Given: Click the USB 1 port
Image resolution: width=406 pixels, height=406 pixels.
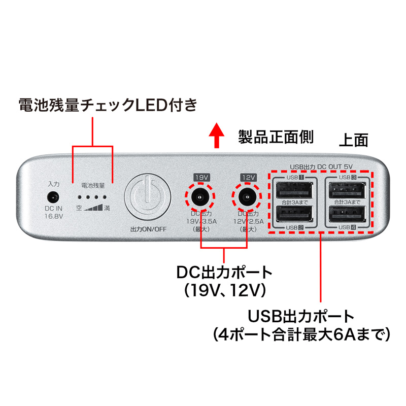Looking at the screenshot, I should coord(295,190).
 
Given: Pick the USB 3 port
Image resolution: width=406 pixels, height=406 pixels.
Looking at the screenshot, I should coord(347,190).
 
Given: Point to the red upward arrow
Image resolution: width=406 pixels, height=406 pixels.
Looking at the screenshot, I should coord(216,136).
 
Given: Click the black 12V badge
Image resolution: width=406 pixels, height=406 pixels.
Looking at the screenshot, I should coord(247,177).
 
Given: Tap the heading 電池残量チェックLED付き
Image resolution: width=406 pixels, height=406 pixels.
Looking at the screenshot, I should coord(107,105).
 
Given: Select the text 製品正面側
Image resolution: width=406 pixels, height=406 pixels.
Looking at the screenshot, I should coord(276,136).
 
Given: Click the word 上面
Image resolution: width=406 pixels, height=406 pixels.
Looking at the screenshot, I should coord(353,141).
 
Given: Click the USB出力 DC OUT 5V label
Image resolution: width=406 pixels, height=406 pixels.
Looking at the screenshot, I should coord(321,166).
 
